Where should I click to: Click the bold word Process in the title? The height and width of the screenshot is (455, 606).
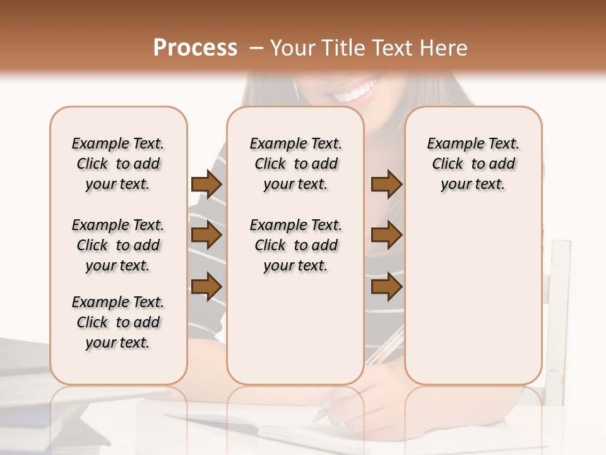195,48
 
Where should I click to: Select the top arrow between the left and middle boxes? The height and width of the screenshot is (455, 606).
206,185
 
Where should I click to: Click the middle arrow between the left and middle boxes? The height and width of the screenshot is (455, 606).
206,236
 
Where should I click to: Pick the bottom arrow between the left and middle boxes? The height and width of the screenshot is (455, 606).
206,287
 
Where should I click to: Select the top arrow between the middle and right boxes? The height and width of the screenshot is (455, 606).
386,185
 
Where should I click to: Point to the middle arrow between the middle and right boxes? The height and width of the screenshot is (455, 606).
386,236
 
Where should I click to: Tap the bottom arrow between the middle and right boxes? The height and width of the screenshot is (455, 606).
386,287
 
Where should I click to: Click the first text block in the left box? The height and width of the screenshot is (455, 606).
118,164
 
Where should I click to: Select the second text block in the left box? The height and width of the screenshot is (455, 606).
118,245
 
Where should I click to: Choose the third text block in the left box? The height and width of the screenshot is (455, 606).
118,322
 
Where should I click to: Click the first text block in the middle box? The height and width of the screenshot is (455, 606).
296,164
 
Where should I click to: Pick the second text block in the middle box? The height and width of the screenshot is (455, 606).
296,245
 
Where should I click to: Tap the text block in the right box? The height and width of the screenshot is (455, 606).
473,164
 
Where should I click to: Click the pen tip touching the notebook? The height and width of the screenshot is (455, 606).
318,418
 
